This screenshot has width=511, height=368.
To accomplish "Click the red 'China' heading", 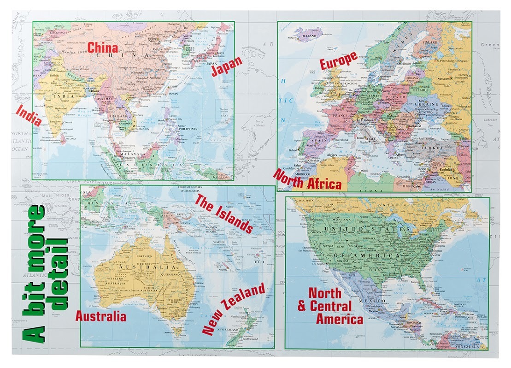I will (103, 47).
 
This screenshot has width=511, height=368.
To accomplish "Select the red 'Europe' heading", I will (339, 60).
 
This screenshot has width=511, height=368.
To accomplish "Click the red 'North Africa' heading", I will (307, 180).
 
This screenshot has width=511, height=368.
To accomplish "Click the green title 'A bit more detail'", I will (47, 272).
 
